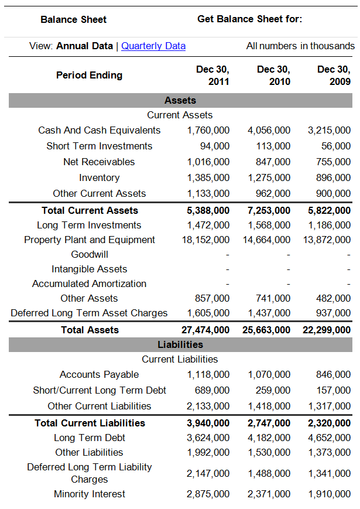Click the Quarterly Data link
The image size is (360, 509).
[153, 46]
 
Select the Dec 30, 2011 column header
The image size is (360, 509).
[212, 75]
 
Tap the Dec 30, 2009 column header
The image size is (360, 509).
[334, 75]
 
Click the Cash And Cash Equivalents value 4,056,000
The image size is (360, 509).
[269, 130]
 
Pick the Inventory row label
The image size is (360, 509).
[99, 177]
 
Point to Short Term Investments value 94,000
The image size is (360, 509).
[215, 146]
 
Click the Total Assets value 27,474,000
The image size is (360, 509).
[205, 330]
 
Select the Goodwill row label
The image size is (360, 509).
[90, 254]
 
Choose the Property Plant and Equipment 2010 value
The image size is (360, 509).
[266, 240]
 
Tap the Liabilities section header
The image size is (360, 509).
[180, 344]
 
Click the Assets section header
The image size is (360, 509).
[180, 100]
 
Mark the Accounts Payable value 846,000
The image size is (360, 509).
[333, 374]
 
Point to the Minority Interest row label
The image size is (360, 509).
[90, 494]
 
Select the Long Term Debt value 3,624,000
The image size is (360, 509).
[208, 438]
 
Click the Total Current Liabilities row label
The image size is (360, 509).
[90, 423]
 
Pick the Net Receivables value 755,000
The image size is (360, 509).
[333, 162]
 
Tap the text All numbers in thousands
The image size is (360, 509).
[300, 46]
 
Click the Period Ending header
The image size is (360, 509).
[89, 75]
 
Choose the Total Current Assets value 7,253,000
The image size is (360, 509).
[269, 210]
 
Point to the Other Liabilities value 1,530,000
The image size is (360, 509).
[269, 452]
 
